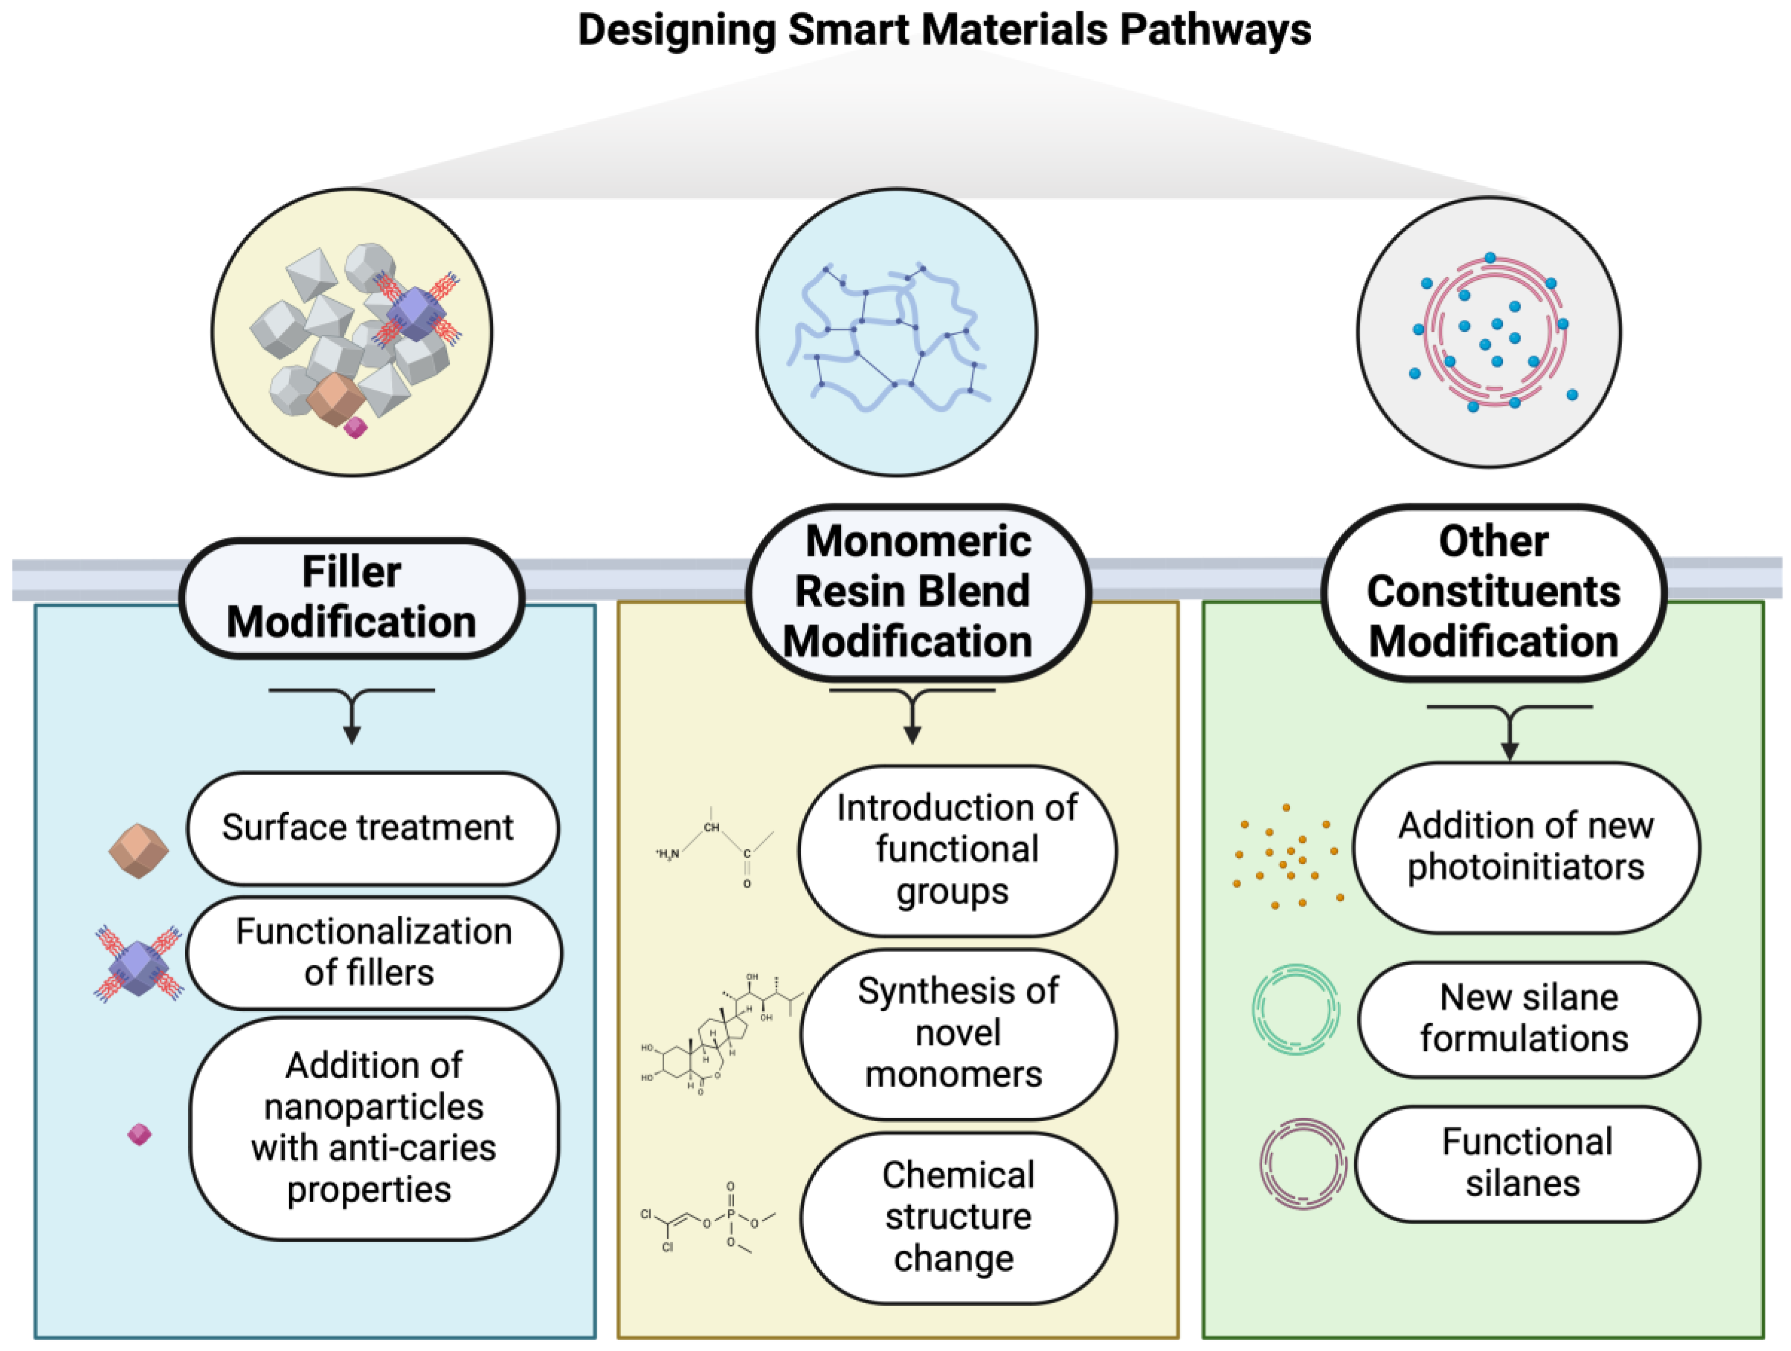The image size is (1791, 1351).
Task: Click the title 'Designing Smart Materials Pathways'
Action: (x=944, y=31)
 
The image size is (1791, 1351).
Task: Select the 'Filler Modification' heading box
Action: (x=351, y=597)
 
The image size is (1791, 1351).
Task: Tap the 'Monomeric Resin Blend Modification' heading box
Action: (x=917, y=592)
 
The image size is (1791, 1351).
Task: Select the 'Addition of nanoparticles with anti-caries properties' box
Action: (x=373, y=1128)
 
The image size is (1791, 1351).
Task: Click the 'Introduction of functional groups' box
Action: (x=956, y=850)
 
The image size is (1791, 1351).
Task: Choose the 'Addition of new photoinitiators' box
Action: (x=1526, y=847)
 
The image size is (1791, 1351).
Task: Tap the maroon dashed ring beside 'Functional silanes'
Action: (x=1302, y=1164)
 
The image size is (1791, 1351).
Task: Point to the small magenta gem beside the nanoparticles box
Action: (x=139, y=1134)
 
